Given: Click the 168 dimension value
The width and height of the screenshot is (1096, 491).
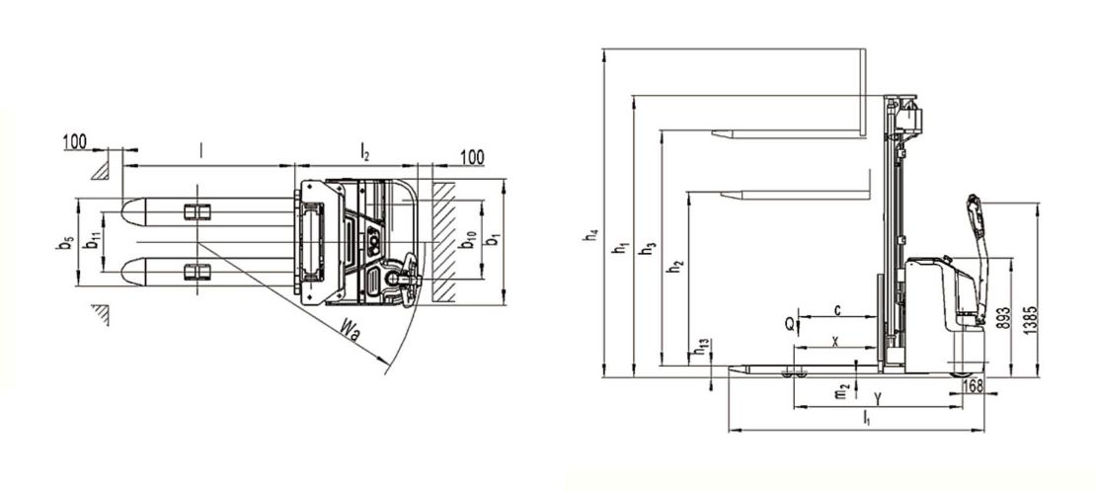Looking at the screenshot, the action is coord(974,385).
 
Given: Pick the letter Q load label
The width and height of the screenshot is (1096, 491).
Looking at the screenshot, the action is coord(789,324).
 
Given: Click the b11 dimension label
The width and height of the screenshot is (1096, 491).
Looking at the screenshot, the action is coord(92,241).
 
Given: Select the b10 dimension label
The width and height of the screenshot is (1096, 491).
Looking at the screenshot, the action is coord(468,241).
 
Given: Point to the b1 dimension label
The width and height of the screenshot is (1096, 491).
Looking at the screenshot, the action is coord(493,238).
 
